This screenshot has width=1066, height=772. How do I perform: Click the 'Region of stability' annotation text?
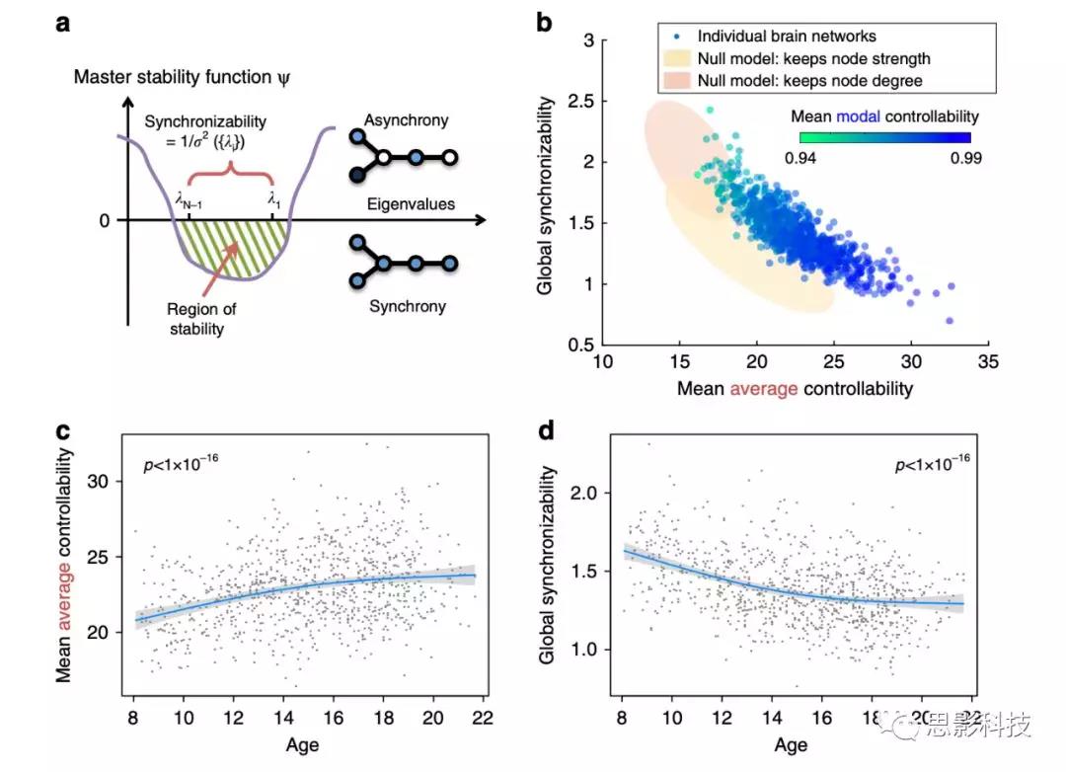click(202, 318)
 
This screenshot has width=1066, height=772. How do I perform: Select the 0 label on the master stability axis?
click(105, 218)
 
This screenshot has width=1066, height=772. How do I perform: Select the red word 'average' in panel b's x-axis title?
click(764, 388)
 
